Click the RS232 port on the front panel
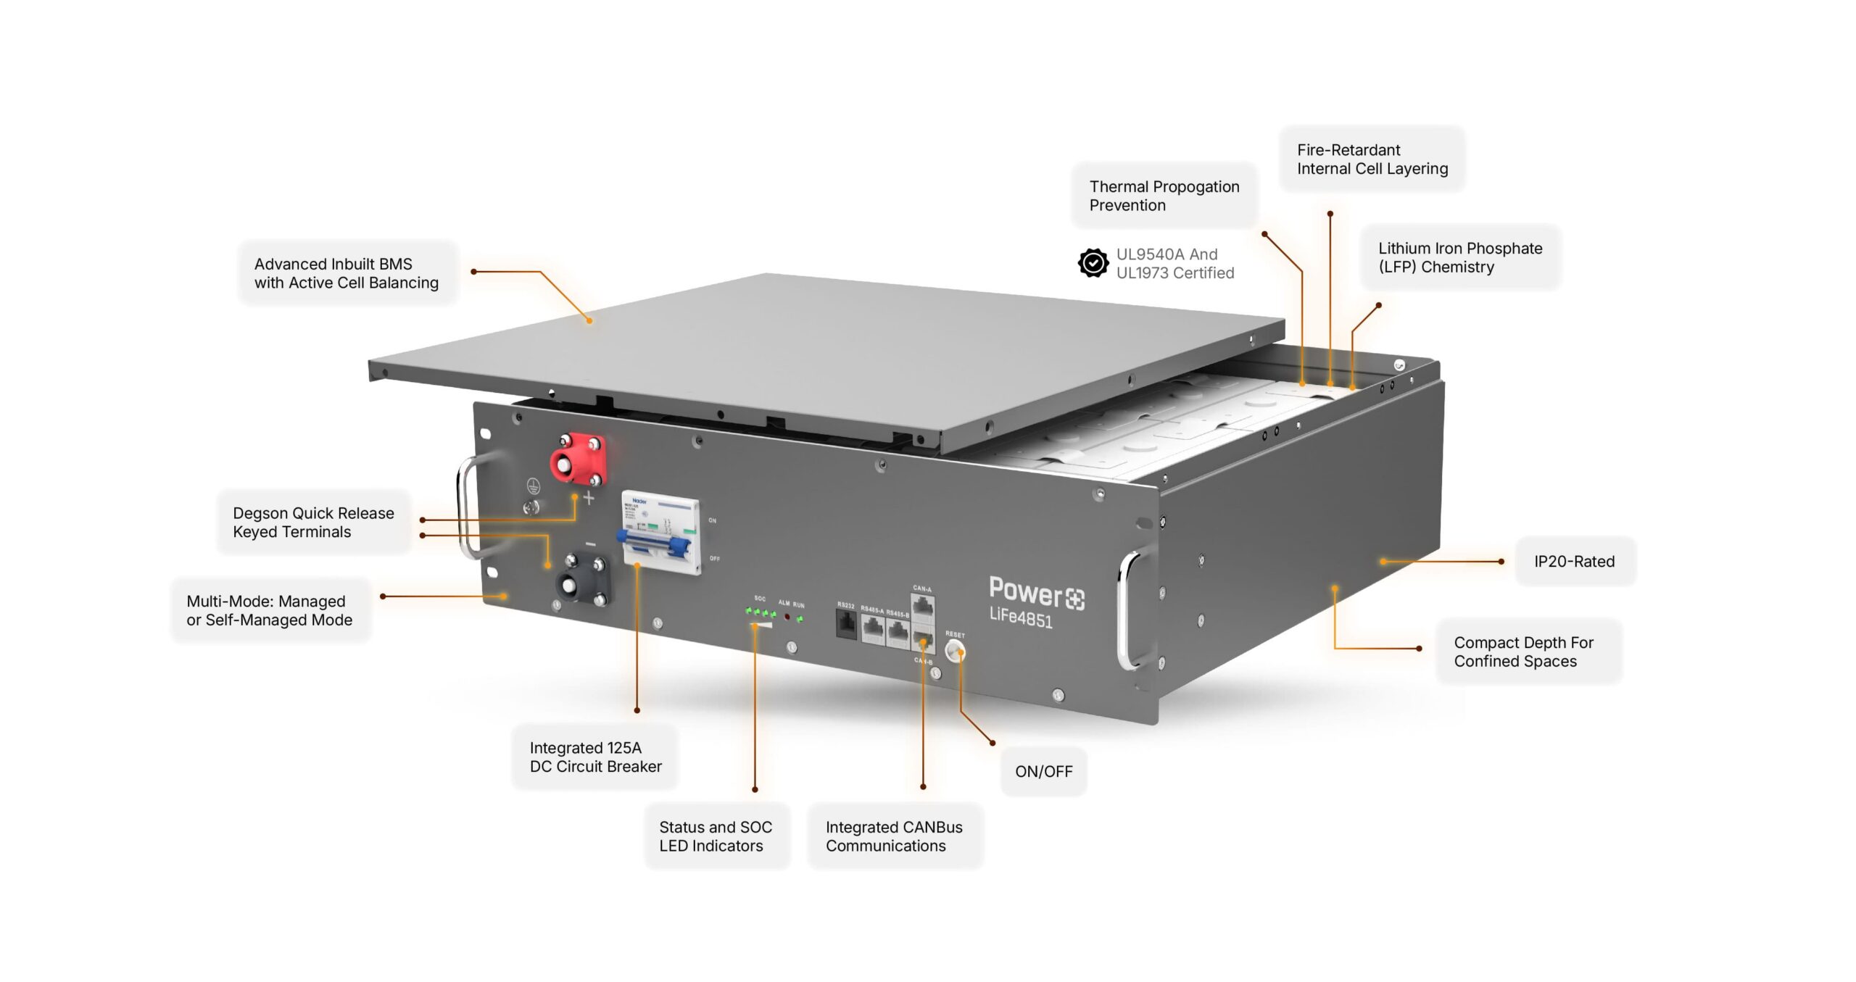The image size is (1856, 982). point(846,624)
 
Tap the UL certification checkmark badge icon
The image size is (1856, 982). point(1093,263)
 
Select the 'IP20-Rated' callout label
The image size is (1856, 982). point(1574,562)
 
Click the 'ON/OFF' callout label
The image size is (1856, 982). point(1043,772)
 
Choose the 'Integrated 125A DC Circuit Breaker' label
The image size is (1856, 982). point(595,757)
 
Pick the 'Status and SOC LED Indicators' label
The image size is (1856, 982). point(716,836)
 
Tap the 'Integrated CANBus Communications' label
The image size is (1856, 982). point(894,836)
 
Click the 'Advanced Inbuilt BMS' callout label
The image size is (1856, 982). point(347,273)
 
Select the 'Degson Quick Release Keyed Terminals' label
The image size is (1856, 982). point(313,523)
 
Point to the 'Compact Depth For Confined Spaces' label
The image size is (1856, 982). point(1523,652)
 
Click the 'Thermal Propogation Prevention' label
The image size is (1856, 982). point(1164,196)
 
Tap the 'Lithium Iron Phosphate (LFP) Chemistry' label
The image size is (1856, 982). point(1459,257)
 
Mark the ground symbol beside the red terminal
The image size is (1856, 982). point(533,487)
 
